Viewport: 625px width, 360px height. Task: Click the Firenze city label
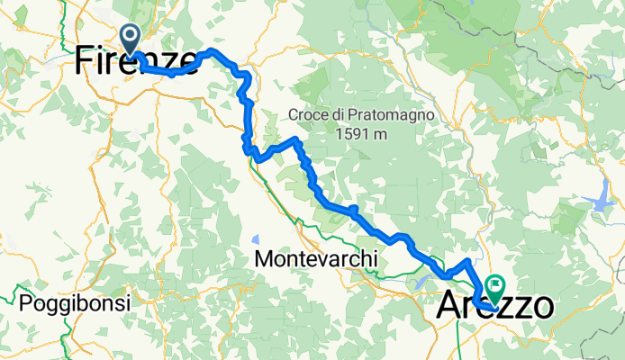(x=135, y=61)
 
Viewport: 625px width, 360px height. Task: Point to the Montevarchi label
(x=315, y=259)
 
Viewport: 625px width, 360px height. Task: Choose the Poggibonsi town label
(x=77, y=302)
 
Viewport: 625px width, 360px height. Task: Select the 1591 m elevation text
(x=362, y=134)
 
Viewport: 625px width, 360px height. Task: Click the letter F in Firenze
(x=84, y=61)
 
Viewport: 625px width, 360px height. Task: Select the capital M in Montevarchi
(x=264, y=259)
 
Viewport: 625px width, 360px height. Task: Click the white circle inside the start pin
(x=130, y=36)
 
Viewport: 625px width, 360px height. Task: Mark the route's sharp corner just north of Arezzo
(x=467, y=261)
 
